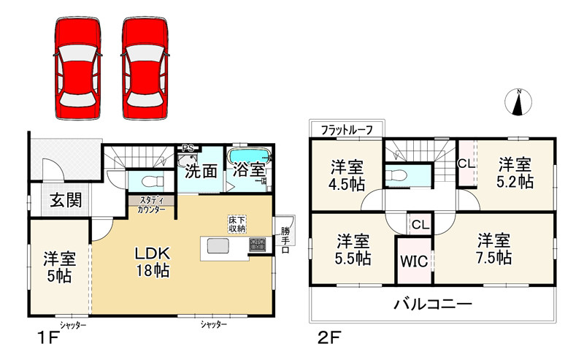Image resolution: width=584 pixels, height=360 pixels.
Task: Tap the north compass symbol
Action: coord(519,102)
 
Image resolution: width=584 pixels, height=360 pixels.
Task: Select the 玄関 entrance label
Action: coord(65,201)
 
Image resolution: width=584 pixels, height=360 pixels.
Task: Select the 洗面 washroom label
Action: coord(200,172)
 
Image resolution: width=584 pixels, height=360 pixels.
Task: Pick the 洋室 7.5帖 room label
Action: coord(494,249)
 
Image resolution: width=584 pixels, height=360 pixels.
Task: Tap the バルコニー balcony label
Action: coord(434,302)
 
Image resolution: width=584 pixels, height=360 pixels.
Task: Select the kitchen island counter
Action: coord(226,247)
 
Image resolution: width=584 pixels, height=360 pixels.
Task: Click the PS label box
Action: coord(188,148)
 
